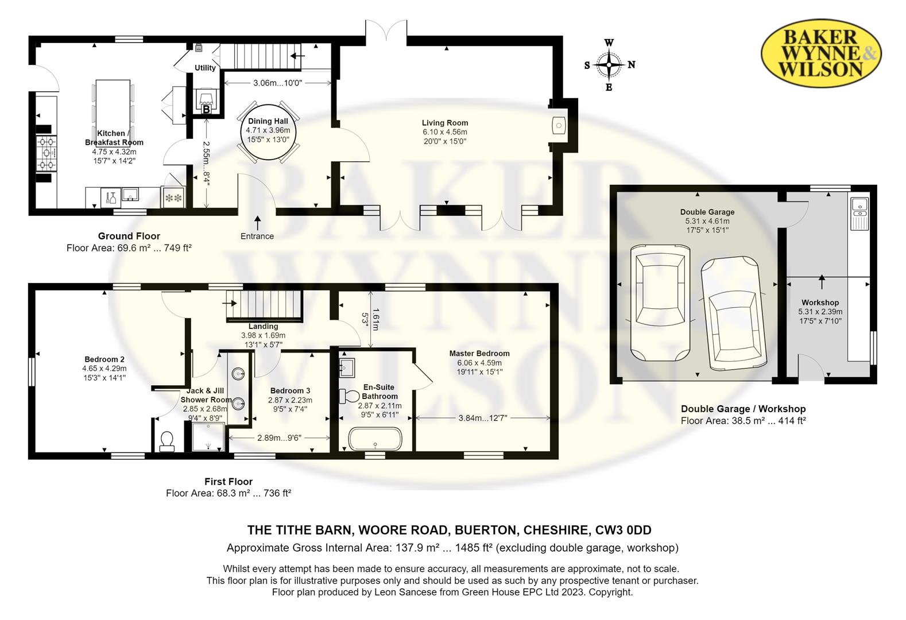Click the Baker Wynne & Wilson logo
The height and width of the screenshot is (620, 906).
coord(821,53)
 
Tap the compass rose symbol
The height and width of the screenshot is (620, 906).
coord(609,65)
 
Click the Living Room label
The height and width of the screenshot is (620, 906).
coord(445,122)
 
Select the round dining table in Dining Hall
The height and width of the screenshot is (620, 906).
coord(268,131)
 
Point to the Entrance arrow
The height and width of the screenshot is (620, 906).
coord(257,223)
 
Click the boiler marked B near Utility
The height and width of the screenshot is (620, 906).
coord(206,109)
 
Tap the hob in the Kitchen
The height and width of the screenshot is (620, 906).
coord(47,154)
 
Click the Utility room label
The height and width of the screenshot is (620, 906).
coord(205,68)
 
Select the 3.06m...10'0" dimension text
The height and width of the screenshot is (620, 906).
coord(278,83)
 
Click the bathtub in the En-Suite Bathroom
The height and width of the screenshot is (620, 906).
coord(375,439)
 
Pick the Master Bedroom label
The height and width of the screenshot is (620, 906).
coord(479,353)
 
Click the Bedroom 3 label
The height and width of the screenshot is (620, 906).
coord(290,390)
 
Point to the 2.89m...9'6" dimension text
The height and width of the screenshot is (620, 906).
coord(280,437)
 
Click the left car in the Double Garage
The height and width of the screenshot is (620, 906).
coord(660,302)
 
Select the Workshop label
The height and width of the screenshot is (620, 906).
coord(820,302)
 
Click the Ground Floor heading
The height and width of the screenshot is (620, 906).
coord(129,236)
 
